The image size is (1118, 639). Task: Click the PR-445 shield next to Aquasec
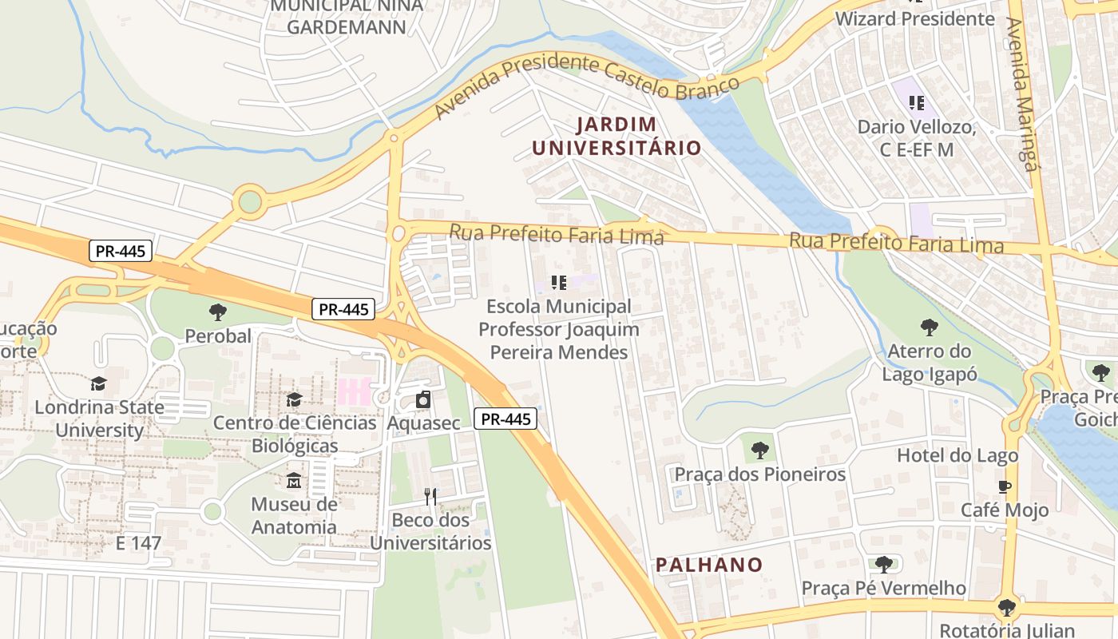[505, 419]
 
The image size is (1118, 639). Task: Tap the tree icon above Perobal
[217, 312]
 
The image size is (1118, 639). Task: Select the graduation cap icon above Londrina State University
[98, 383]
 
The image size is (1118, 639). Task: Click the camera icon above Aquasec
[423, 399]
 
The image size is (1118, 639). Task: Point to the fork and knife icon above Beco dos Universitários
[430, 497]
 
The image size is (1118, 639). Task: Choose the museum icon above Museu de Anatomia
[294, 481]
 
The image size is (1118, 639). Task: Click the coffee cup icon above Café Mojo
[1005, 486]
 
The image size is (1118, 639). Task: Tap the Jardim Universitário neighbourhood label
[616, 136]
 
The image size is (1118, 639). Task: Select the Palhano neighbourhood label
[709, 565]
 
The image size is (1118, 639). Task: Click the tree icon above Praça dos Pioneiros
[759, 450]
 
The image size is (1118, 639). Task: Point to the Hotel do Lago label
[957, 455]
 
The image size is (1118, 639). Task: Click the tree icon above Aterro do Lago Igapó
[929, 327]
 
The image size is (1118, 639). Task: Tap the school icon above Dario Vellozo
[917, 102]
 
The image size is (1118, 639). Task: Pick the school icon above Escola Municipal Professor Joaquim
[559, 282]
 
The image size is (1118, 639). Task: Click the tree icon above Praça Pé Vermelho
[883, 565]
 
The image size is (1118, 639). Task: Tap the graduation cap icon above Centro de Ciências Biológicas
[294, 399]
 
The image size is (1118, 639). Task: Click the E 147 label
[138, 544]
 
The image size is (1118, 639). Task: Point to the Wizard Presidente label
[914, 18]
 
